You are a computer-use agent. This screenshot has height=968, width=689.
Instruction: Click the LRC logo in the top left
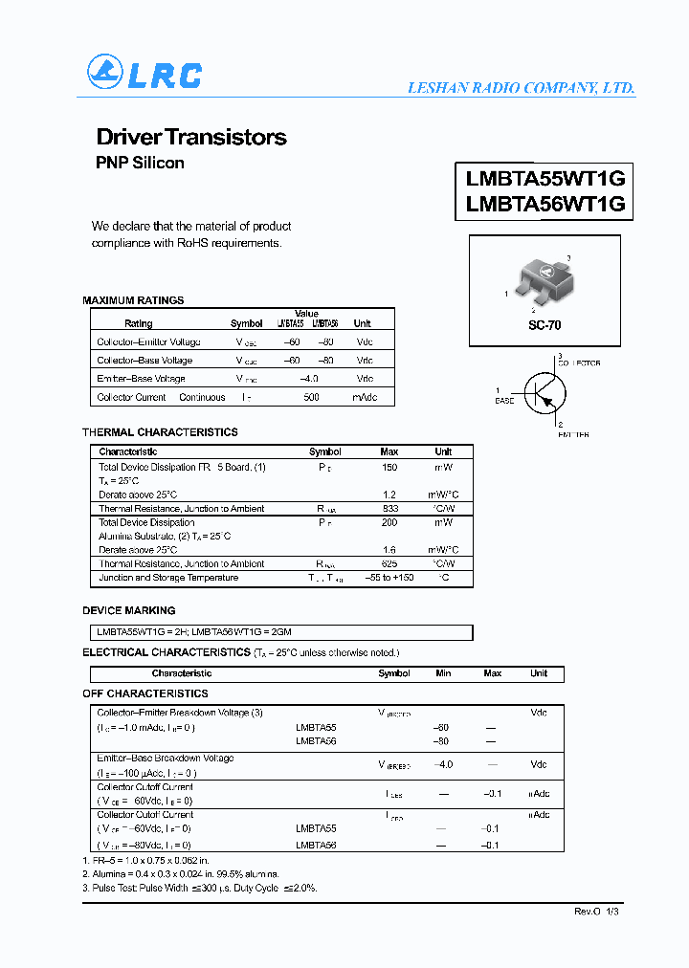click(x=144, y=74)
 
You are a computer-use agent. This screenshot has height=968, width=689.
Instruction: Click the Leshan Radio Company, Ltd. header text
click(x=521, y=88)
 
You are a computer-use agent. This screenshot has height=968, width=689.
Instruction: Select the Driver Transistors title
click(x=191, y=137)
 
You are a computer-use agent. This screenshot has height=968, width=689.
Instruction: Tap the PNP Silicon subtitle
click(x=140, y=163)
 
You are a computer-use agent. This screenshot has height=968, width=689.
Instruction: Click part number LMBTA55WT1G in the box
click(x=545, y=178)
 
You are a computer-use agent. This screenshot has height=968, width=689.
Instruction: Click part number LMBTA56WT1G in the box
click(x=545, y=204)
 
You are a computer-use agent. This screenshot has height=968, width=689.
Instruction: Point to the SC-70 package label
click(x=545, y=325)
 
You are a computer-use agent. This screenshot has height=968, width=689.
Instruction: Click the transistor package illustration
click(x=543, y=283)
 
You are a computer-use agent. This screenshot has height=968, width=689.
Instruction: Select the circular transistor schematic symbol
click(x=545, y=391)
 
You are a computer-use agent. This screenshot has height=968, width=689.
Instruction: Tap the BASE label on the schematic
click(x=503, y=401)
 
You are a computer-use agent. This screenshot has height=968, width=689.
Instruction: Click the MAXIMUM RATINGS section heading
click(x=133, y=300)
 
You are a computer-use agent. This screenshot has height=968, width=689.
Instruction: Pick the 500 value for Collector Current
click(x=311, y=397)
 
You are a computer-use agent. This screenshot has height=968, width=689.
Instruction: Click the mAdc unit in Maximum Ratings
click(x=365, y=397)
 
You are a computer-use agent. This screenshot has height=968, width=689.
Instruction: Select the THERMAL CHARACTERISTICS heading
click(x=160, y=432)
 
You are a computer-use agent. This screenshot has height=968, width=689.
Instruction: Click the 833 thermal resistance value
click(x=389, y=509)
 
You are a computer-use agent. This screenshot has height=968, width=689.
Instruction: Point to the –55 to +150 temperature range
click(x=389, y=578)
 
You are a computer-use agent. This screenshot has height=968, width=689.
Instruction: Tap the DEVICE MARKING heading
click(x=129, y=610)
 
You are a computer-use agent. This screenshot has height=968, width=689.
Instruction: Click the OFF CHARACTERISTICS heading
click(x=145, y=693)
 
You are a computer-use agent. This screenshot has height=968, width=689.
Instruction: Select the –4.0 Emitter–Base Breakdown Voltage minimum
click(x=442, y=764)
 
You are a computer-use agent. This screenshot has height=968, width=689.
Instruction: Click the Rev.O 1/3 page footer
click(x=597, y=912)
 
